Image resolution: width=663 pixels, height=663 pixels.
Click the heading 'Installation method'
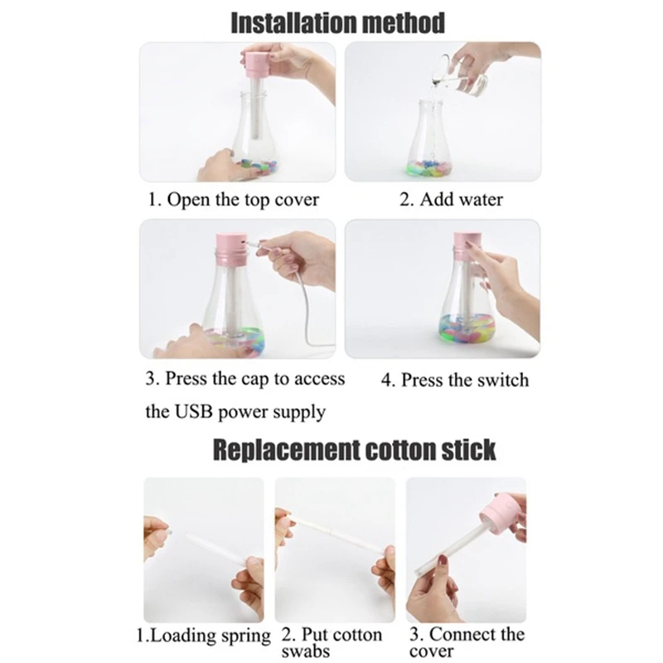[x=336, y=22]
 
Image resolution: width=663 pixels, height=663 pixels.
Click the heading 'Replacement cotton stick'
[x=355, y=449]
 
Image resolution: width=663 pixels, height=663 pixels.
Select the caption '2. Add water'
[x=452, y=200]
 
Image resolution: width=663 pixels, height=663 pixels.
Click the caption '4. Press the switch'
[x=454, y=380]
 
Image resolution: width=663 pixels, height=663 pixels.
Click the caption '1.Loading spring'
[x=204, y=636]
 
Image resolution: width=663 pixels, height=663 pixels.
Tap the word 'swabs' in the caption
[x=307, y=651]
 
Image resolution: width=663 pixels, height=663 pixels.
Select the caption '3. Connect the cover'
[x=467, y=642]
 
